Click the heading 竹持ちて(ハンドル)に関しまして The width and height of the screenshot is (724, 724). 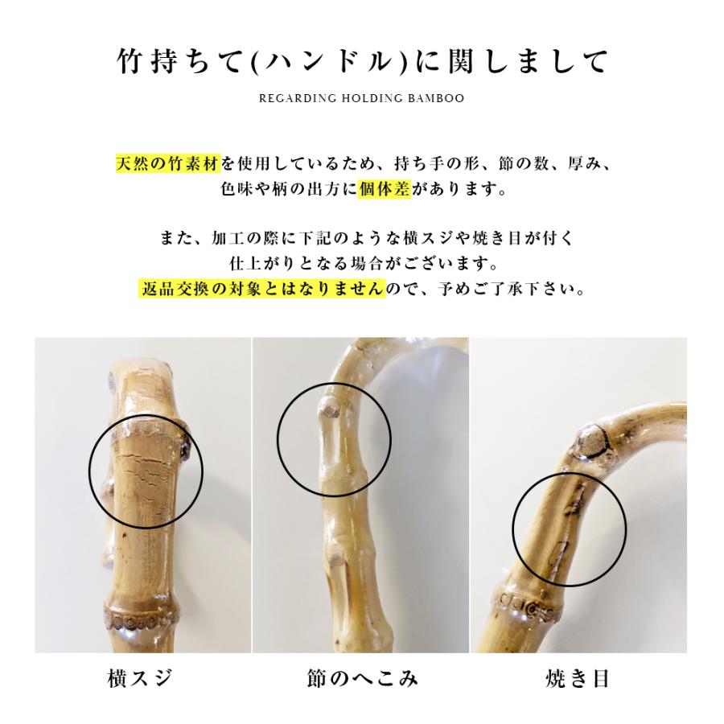[x=361, y=62]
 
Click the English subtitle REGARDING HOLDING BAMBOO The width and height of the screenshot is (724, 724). [x=361, y=99]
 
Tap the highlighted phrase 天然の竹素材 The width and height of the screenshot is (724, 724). [x=167, y=165]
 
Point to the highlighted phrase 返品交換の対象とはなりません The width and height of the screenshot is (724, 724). [x=261, y=288]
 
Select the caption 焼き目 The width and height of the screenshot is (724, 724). [x=577, y=678]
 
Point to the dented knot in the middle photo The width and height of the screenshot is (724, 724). [x=327, y=412]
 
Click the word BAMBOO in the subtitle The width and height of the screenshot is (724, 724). [x=437, y=99]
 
